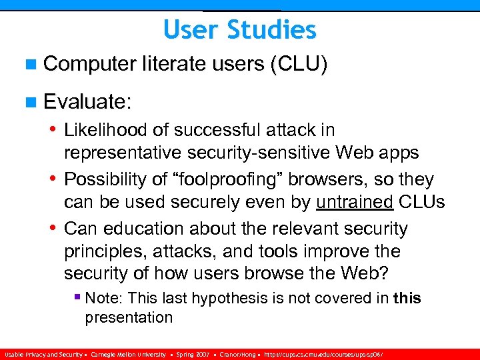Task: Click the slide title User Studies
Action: point(239,30)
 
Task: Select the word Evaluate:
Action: point(88,102)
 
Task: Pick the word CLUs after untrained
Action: point(421,203)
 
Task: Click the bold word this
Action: point(407,299)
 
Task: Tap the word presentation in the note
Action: point(128,317)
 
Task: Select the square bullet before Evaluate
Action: point(31,103)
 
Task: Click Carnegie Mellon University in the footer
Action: point(128,355)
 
